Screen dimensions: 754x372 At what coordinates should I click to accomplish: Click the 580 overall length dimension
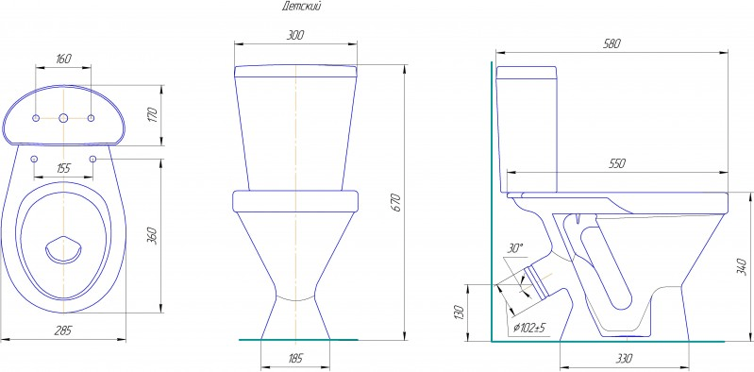tap(612, 43)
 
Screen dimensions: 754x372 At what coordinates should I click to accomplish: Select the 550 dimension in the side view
tap(616, 163)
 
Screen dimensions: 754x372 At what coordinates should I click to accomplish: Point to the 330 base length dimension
tap(624, 359)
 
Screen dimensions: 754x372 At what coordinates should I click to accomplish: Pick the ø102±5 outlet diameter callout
tap(529, 329)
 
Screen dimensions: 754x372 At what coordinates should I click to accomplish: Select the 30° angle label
tap(515, 249)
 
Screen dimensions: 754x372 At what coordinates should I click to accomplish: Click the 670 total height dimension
tap(396, 203)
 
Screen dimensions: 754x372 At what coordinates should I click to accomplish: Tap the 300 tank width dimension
tap(295, 35)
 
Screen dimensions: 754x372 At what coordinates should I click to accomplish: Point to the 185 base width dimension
tap(295, 359)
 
